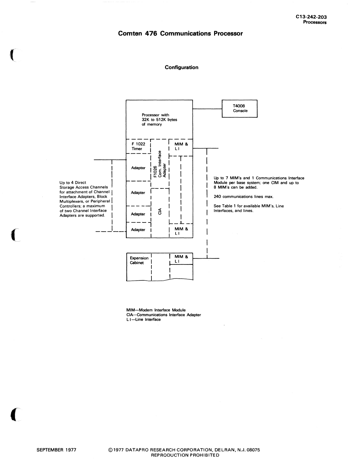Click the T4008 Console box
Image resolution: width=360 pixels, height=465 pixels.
pyautogui.click(x=240, y=109)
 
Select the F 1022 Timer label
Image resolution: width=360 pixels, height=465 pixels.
pyautogui.click(x=138, y=146)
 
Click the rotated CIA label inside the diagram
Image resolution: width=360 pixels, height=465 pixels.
pyautogui.click(x=160, y=211)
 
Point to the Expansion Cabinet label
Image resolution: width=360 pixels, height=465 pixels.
pyautogui.click(x=139, y=260)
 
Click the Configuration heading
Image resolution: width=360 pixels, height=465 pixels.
pyautogui.click(x=181, y=67)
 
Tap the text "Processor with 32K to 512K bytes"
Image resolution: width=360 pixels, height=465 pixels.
pyautogui.click(x=159, y=117)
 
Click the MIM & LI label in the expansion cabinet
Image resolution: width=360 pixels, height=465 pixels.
pyautogui.click(x=181, y=259)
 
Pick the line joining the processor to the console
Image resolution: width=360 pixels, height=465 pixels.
pyautogui.click(x=207, y=109)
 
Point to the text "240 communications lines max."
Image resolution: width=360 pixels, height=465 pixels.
pyautogui.click(x=244, y=197)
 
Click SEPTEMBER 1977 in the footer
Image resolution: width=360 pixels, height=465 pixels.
pyautogui.click(x=56, y=450)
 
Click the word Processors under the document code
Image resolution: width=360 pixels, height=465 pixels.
pyautogui.click(x=315, y=22)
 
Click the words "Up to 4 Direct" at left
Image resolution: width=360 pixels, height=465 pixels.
pyautogui.click(x=73, y=183)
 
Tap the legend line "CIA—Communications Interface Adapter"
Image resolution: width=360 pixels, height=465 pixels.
pyautogui.click(x=164, y=315)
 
